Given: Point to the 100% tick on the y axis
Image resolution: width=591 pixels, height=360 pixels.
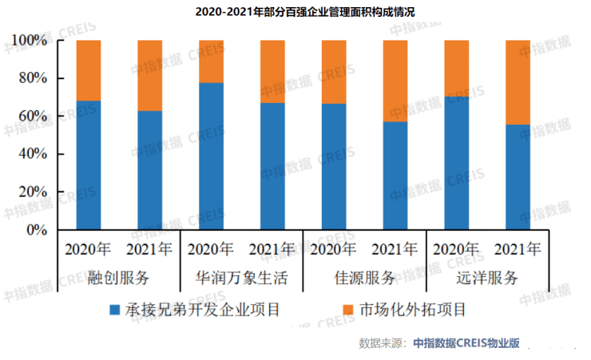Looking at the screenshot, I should pos(33,41).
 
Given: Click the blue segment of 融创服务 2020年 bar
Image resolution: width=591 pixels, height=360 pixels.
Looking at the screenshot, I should pos(89,165).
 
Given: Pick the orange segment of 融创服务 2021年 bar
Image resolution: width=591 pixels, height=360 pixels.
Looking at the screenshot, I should pos(149,75).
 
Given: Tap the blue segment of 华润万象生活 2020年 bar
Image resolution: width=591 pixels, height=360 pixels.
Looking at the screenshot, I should pos(211,156).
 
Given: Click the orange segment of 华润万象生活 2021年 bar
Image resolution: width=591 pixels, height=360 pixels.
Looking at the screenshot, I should pos(272,71).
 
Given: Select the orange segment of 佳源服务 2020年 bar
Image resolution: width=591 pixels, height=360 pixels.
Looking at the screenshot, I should pos(334,71).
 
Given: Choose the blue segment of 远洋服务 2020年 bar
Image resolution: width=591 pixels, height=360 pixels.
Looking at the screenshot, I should pos(456,163).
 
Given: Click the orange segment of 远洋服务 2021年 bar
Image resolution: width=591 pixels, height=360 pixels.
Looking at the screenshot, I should pos(518,81).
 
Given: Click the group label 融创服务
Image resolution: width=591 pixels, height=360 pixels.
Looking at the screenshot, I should pos(119,279).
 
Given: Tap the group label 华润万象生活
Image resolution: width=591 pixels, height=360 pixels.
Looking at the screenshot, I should pos(241,279).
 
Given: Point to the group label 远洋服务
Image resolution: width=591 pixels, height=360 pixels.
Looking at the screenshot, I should pos(487,279).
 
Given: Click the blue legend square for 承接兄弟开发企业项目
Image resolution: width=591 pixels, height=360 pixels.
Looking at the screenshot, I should pos(115,309).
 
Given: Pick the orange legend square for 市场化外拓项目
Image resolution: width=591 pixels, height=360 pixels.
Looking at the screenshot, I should pos(347,309).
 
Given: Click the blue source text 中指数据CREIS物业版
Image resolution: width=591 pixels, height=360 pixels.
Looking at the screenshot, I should pos(466,343).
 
